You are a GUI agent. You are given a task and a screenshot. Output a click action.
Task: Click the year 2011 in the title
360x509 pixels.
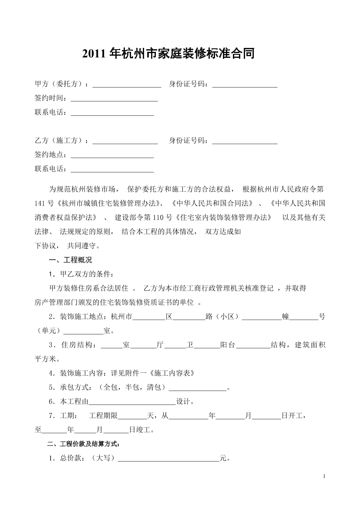[x=94, y=54]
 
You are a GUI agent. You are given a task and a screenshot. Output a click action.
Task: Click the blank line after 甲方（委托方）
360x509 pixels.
[x=127, y=84]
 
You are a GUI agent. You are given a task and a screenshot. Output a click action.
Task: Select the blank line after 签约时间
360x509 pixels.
[x=114, y=99]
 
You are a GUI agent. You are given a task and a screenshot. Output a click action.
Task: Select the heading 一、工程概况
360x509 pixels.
[x=70, y=260]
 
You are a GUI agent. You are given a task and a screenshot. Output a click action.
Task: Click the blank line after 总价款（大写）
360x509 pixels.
[x=168, y=458]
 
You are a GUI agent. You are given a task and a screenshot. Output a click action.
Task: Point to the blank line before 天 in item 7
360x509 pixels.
[x=133, y=416]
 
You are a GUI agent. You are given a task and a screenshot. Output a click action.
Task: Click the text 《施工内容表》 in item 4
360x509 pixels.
[x=169, y=374]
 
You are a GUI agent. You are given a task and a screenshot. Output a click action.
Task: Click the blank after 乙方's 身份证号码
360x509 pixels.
[x=245, y=141]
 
